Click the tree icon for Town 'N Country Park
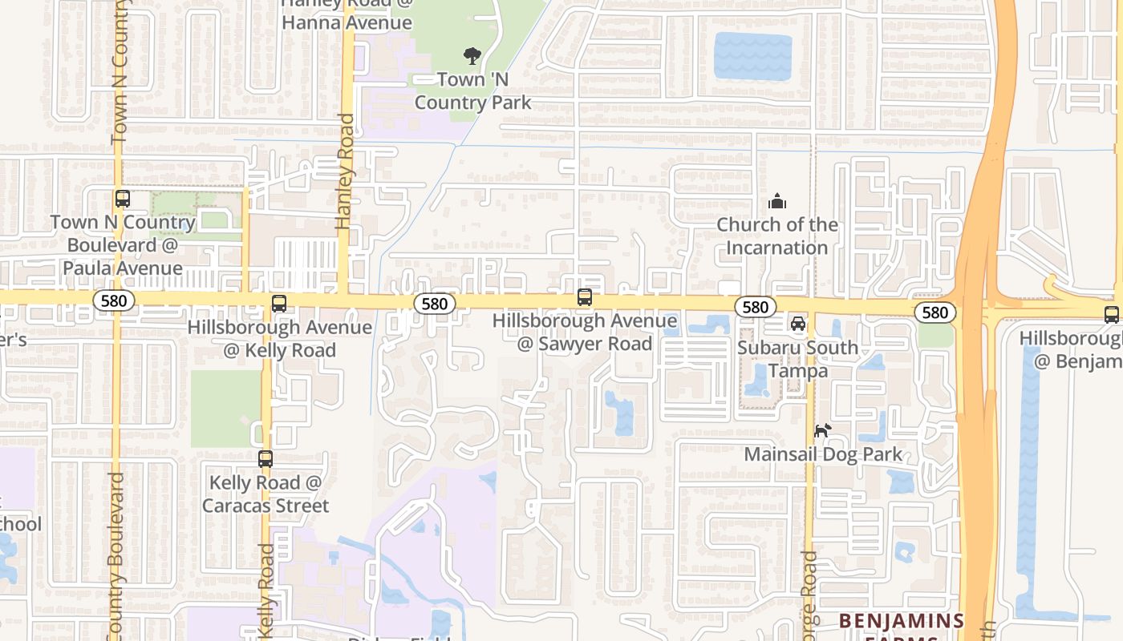tap(472, 55)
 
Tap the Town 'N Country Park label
tap(472, 91)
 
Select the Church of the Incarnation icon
tap(776, 201)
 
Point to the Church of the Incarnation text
tap(776, 236)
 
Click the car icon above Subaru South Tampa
tap(798, 324)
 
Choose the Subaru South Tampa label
tap(797, 359)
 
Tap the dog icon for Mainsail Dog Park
tap(822, 431)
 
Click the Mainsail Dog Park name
tap(823, 454)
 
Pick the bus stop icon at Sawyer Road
tap(585, 297)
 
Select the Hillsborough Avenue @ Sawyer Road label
tap(584, 333)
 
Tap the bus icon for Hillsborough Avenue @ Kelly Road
tap(279, 304)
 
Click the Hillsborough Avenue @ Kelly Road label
tap(279, 339)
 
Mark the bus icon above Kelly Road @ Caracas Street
tap(266, 459)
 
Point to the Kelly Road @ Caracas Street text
tap(265, 494)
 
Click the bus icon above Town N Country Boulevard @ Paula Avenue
tap(122, 199)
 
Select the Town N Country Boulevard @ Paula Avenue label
tap(123, 245)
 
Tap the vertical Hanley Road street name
tap(346, 172)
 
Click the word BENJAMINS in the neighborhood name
tap(902, 621)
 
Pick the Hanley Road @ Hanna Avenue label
tap(347, 14)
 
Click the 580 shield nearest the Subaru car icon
tap(755, 307)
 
